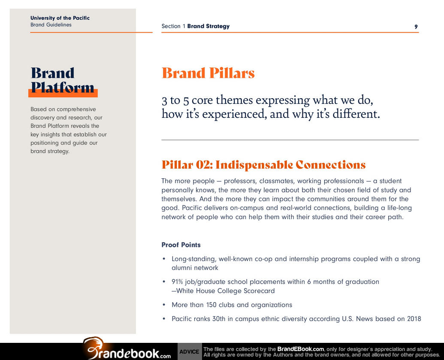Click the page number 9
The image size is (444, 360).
(x=416, y=27)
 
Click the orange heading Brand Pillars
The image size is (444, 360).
(x=208, y=73)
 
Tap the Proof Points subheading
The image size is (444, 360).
(x=181, y=245)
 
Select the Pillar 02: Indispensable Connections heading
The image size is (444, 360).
(x=264, y=165)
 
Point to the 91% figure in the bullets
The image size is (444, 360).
(x=177, y=282)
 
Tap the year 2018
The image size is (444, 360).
(x=414, y=319)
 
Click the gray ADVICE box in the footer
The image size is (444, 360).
(x=190, y=351)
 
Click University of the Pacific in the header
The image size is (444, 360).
(x=60, y=18)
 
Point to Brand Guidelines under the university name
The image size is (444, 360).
(x=51, y=24)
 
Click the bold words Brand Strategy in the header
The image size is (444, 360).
(x=208, y=26)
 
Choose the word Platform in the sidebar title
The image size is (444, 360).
(x=63, y=87)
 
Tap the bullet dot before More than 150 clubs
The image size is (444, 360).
(x=164, y=305)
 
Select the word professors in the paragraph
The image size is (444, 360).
(x=240, y=181)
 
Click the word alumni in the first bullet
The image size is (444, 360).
(x=181, y=268)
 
